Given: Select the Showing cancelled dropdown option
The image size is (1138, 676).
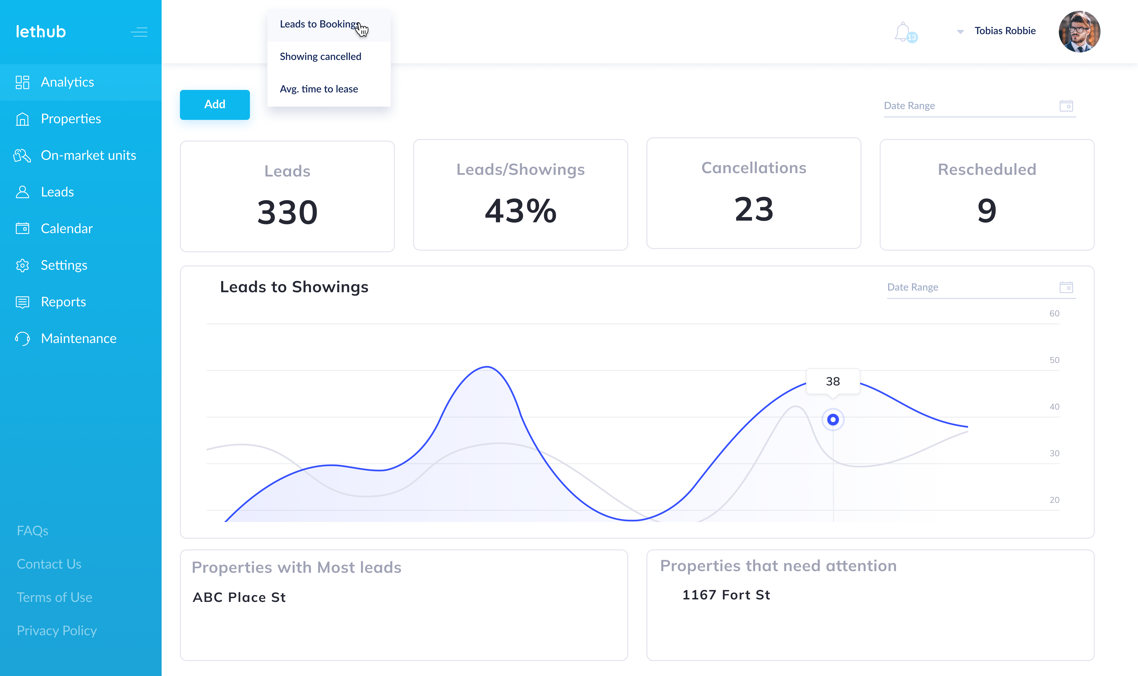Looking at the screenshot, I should (x=320, y=56).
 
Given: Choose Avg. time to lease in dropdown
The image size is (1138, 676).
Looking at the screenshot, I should (x=319, y=89).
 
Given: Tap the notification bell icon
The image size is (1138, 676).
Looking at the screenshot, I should (x=902, y=32).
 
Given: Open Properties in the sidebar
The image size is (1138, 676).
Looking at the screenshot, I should (x=71, y=119).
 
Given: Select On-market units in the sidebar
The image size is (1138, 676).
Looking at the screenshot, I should (x=88, y=155).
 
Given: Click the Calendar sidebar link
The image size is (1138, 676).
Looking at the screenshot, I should (x=66, y=229).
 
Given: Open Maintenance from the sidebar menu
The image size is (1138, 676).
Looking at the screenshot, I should (x=78, y=338).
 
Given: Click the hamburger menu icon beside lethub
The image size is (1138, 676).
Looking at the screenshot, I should (x=139, y=32).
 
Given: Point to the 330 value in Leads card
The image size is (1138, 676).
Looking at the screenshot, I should (x=287, y=212).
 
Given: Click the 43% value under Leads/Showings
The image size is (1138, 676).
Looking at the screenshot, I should (x=520, y=211).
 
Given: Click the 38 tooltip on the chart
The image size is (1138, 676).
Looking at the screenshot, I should (x=833, y=381).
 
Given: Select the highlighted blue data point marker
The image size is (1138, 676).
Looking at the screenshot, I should (x=833, y=420).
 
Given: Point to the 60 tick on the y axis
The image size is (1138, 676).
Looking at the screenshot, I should (x=1054, y=313).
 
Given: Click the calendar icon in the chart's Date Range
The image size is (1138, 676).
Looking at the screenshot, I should (x=1066, y=287).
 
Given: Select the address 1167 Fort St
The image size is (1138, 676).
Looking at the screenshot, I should (x=726, y=595).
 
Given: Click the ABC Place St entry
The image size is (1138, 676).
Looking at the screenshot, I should (x=239, y=597).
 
